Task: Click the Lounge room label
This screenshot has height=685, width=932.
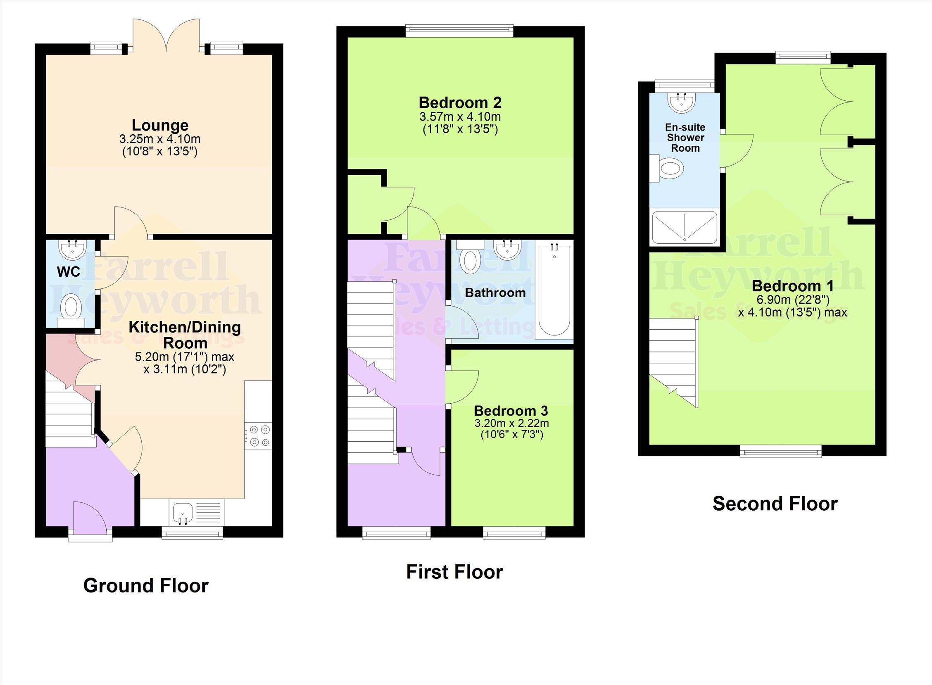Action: coord(160,125)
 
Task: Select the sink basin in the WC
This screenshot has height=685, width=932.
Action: coord(73,249)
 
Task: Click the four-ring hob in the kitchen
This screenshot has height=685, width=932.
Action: coord(258,436)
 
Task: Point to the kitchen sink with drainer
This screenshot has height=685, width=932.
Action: coord(197,513)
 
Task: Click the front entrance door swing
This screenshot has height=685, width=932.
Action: coord(90,516)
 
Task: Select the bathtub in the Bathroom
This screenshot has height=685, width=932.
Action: coord(554,290)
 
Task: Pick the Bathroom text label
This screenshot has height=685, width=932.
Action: coord(495,293)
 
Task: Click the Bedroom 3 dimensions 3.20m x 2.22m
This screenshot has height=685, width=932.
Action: coord(511,423)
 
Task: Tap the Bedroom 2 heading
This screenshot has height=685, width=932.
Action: coord(460,102)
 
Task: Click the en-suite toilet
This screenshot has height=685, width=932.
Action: coord(668,169)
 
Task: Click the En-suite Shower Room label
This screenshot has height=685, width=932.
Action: coord(685,138)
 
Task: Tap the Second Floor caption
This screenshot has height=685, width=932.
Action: coord(775,504)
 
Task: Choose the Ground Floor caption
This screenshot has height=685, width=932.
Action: coord(145,585)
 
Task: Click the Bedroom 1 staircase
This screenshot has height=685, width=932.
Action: coord(673,361)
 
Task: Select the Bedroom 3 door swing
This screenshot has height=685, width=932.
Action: coord(461,386)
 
